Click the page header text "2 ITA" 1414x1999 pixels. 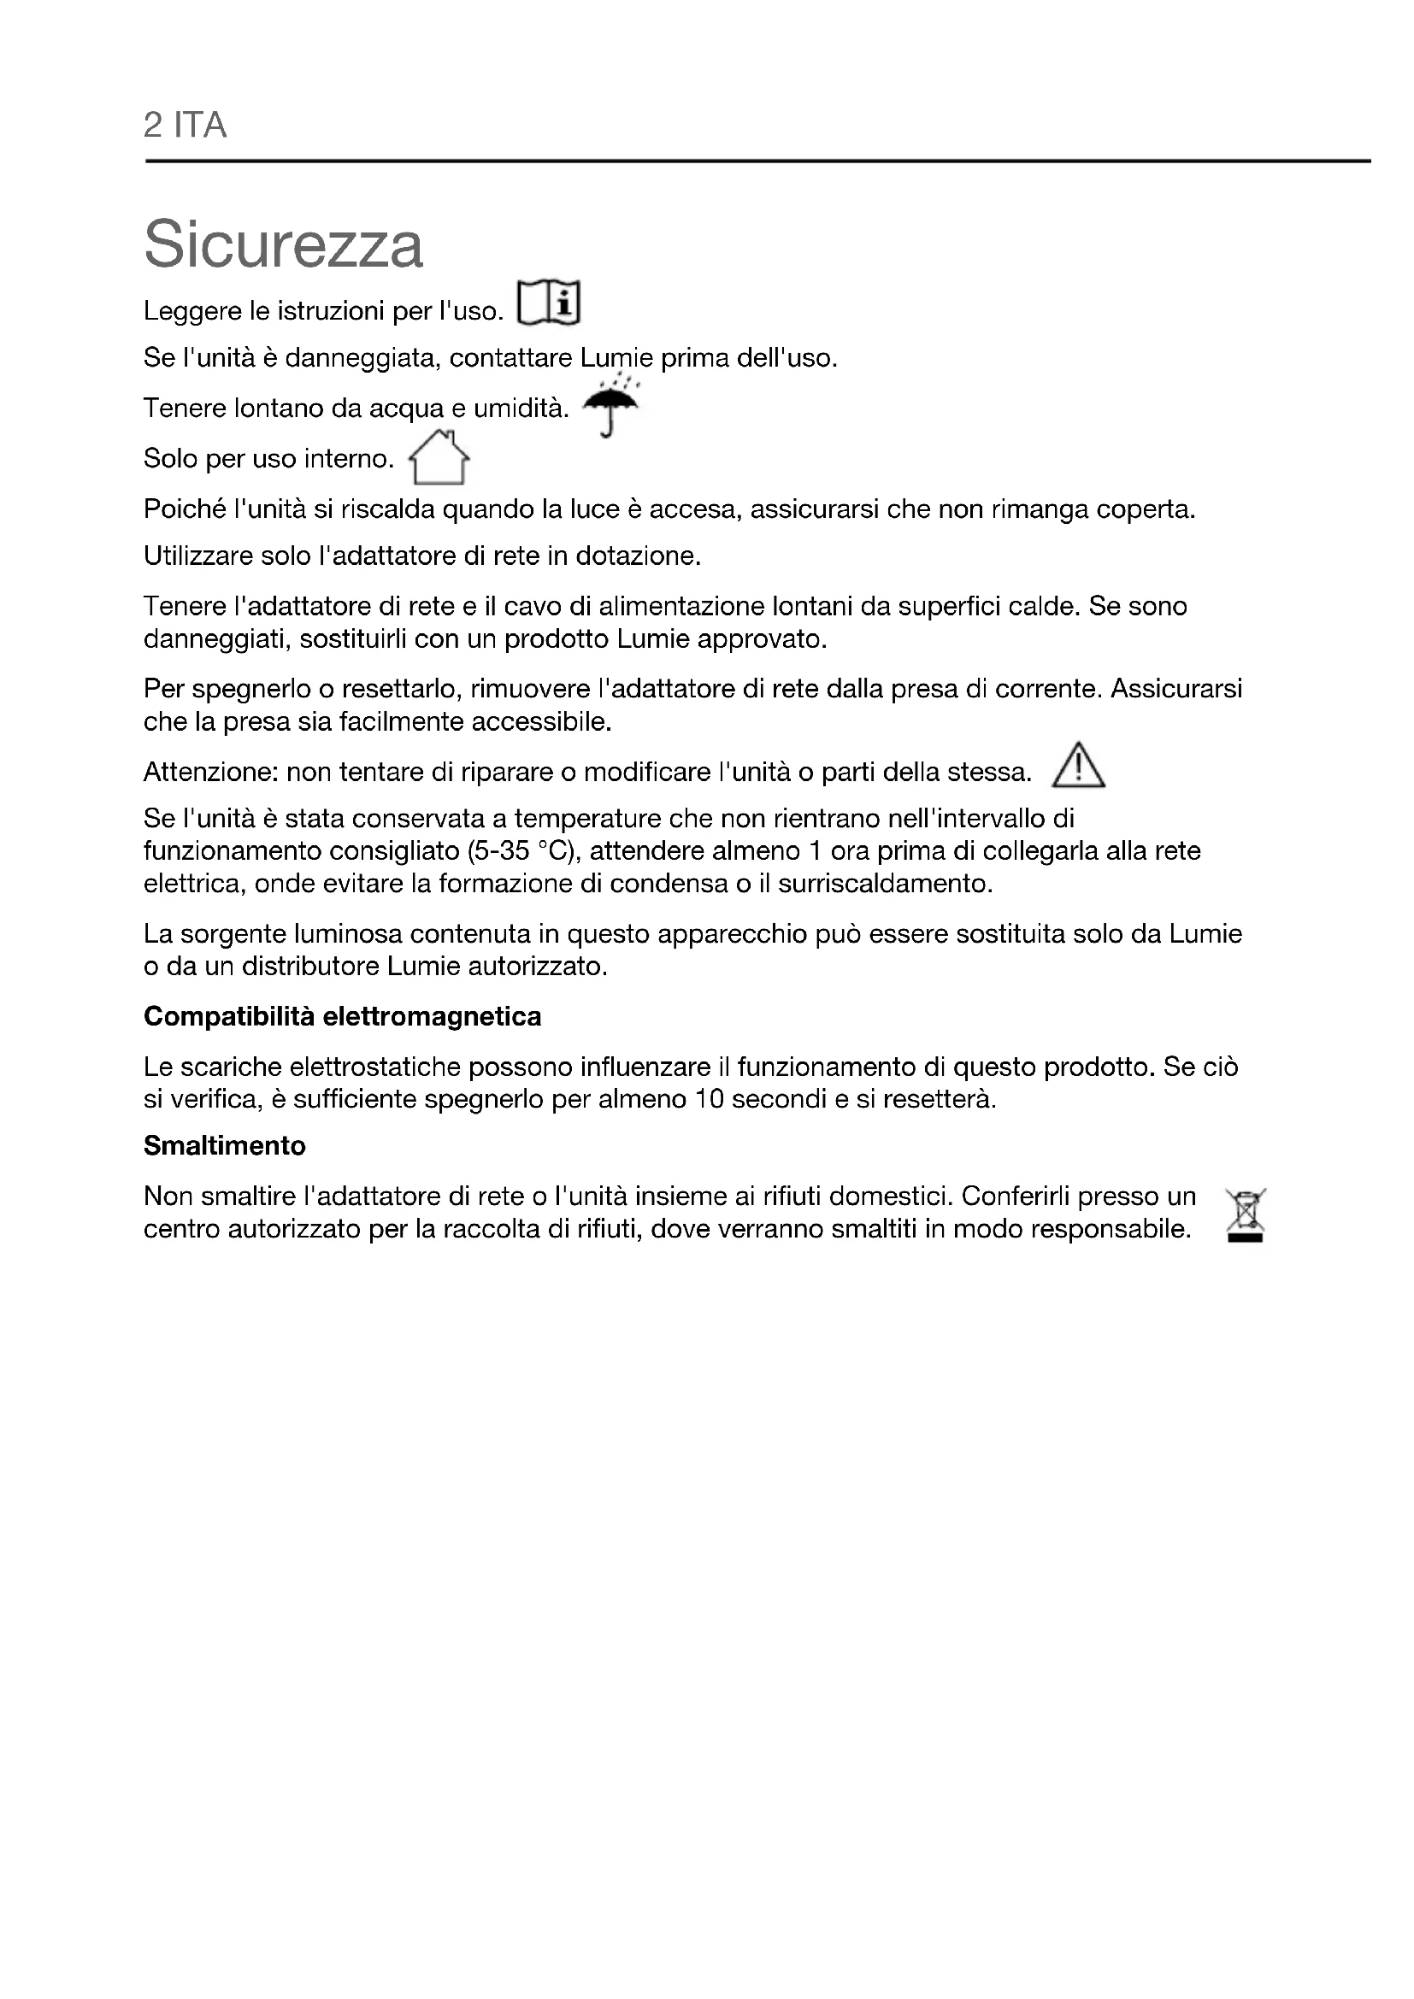[185, 126]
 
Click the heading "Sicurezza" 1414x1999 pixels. [283, 244]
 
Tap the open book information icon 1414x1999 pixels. [549, 303]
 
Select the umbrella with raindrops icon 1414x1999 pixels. [610, 404]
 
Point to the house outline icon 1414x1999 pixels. [439, 458]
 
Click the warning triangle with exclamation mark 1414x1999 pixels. [1078, 766]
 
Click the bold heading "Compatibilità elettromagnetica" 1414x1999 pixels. [342, 1016]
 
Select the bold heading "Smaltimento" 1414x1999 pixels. [225, 1145]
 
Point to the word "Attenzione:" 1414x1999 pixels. [209, 773]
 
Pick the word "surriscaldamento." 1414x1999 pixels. [886, 884]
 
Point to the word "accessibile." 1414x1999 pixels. [541, 722]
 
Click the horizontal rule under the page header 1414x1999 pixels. [757, 161]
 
